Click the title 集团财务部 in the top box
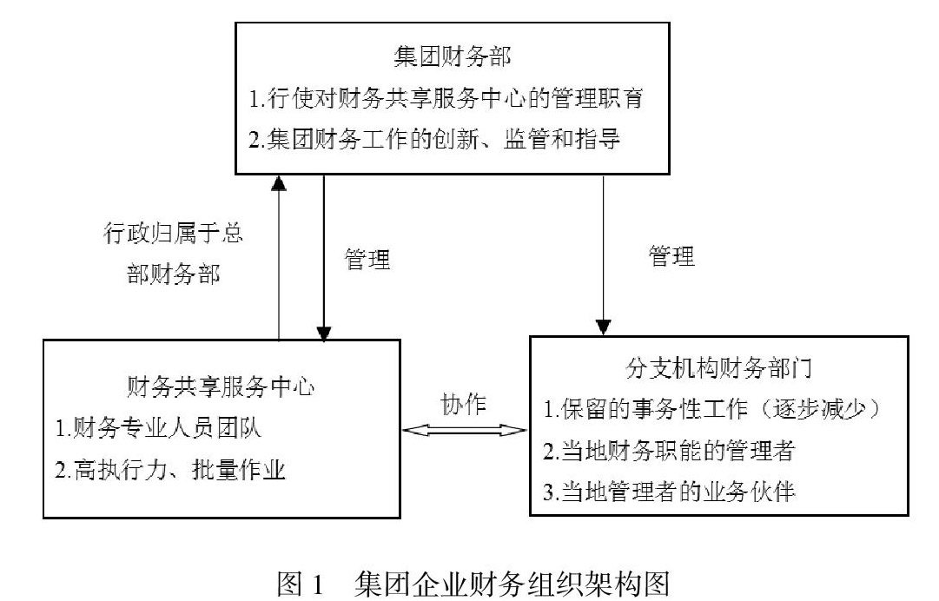pyautogui.click(x=453, y=59)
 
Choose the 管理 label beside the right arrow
pyautogui.click(x=671, y=255)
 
